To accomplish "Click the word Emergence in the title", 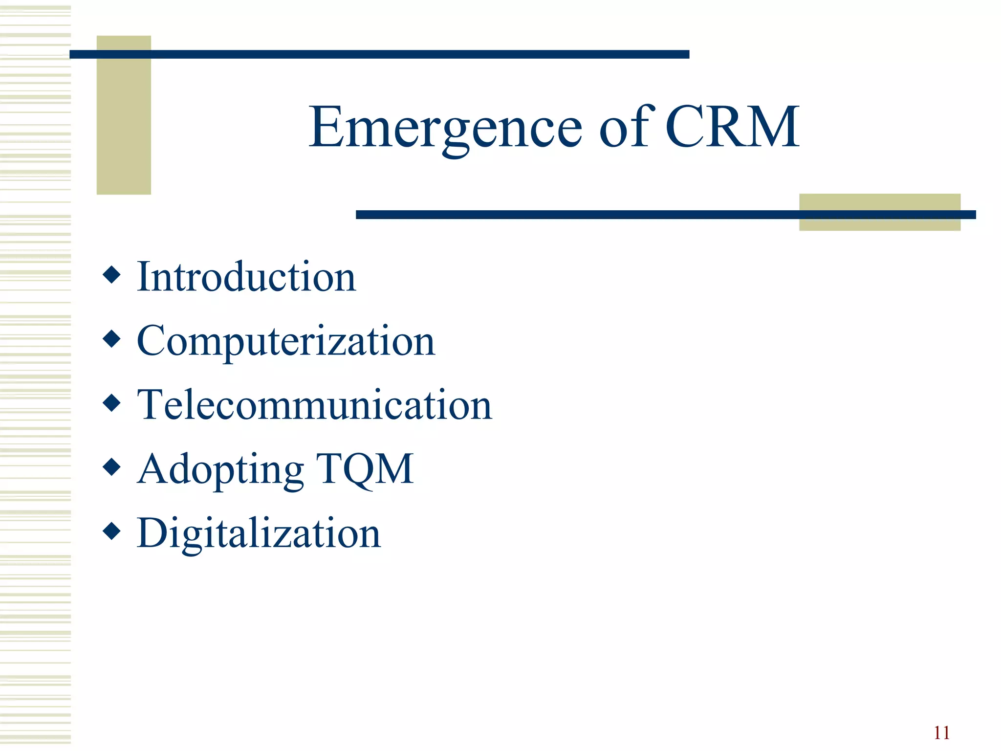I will [445, 128].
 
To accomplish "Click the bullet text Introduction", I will [246, 277].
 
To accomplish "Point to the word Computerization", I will [286, 341].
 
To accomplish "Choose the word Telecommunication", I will [314, 405].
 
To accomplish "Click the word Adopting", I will [220, 469].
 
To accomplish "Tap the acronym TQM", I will [365, 469].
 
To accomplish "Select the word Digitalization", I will [259, 533].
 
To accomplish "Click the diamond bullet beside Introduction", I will [112, 275].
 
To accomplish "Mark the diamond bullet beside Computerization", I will [112, 339].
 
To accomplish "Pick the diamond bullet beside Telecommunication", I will [112, 403].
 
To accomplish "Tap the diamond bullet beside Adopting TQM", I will [112, 467].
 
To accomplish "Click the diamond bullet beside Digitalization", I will [112, 531].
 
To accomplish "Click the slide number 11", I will [941, 733].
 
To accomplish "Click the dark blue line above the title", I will [379, 54].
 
